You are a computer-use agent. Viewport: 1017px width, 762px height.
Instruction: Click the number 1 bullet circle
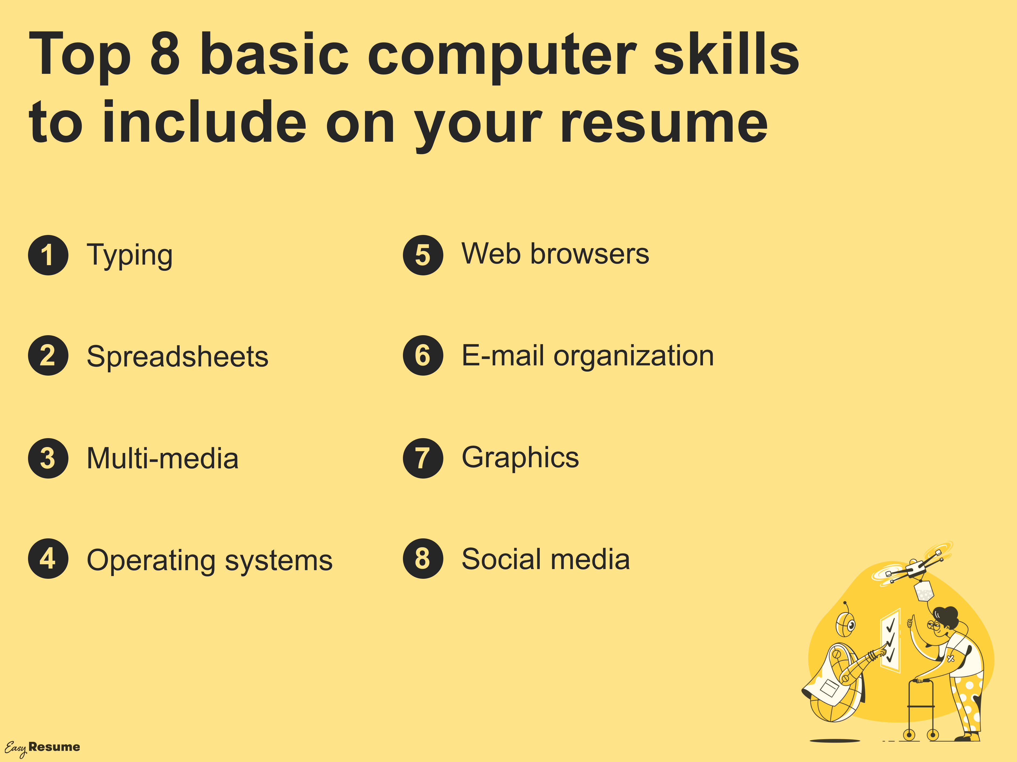[x=48, y=255]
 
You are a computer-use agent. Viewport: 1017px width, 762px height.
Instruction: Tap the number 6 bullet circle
[x=423, y=355]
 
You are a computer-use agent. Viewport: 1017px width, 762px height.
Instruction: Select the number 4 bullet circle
[x=48, y=558]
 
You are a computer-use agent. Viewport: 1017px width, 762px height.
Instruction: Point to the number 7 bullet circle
[x=423, y=458]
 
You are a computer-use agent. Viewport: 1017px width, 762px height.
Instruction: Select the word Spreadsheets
[x=177, y=356]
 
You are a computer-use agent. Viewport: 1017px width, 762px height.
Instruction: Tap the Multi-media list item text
[x=163, y=459]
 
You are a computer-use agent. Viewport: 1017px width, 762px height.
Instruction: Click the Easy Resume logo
[x=42, y=748]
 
